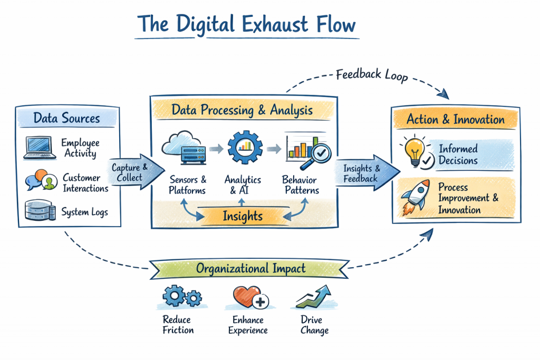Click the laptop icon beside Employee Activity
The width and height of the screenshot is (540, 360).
pyautogui.click(x=38, y=148)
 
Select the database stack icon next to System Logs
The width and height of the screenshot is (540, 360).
pyautogui.click(x=40, y=211)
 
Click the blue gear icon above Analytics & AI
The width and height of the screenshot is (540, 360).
pyautogui.click(x=244, y=144)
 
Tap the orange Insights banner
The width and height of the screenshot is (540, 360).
pyautogui.click(x=242, y=216)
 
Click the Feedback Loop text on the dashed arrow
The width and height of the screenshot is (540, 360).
pyautogui.click(x=372, y=75)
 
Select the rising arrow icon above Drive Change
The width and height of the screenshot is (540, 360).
pyautogui.click(x=314, y=297)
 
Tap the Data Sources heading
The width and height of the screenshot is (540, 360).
pyautogui.click(x=66, y=118)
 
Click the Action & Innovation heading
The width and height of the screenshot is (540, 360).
pyautogui.click(x=455, y=119)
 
